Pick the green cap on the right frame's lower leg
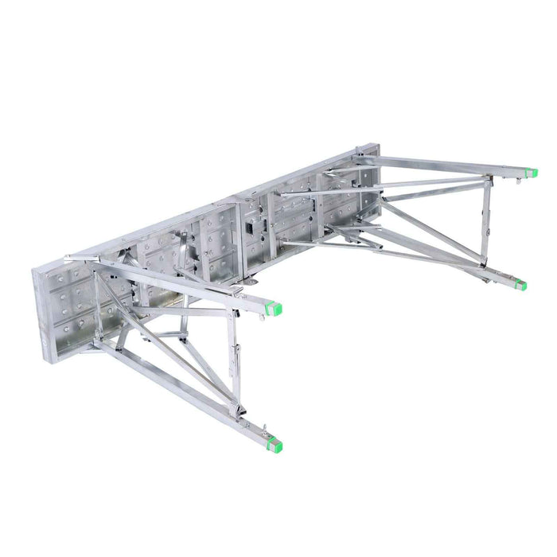[520, 285]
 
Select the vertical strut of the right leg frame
[484, 223]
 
